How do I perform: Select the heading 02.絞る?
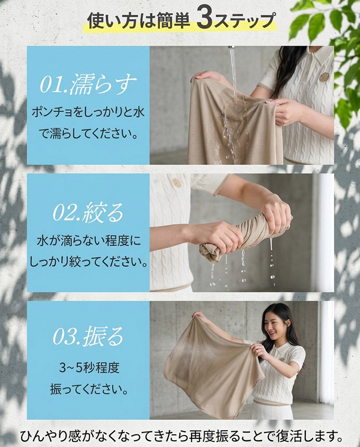(x=88, y=212)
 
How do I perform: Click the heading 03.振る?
(x=88, y=335)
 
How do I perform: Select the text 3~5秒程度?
(x=89, y=368)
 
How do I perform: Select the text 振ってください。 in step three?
(x=89, y=389)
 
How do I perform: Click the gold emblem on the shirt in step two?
(x=176, y=182)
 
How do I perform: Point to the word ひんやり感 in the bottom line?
(x=50, y=436)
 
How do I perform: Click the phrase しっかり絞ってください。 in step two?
(x=89, y=262)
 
